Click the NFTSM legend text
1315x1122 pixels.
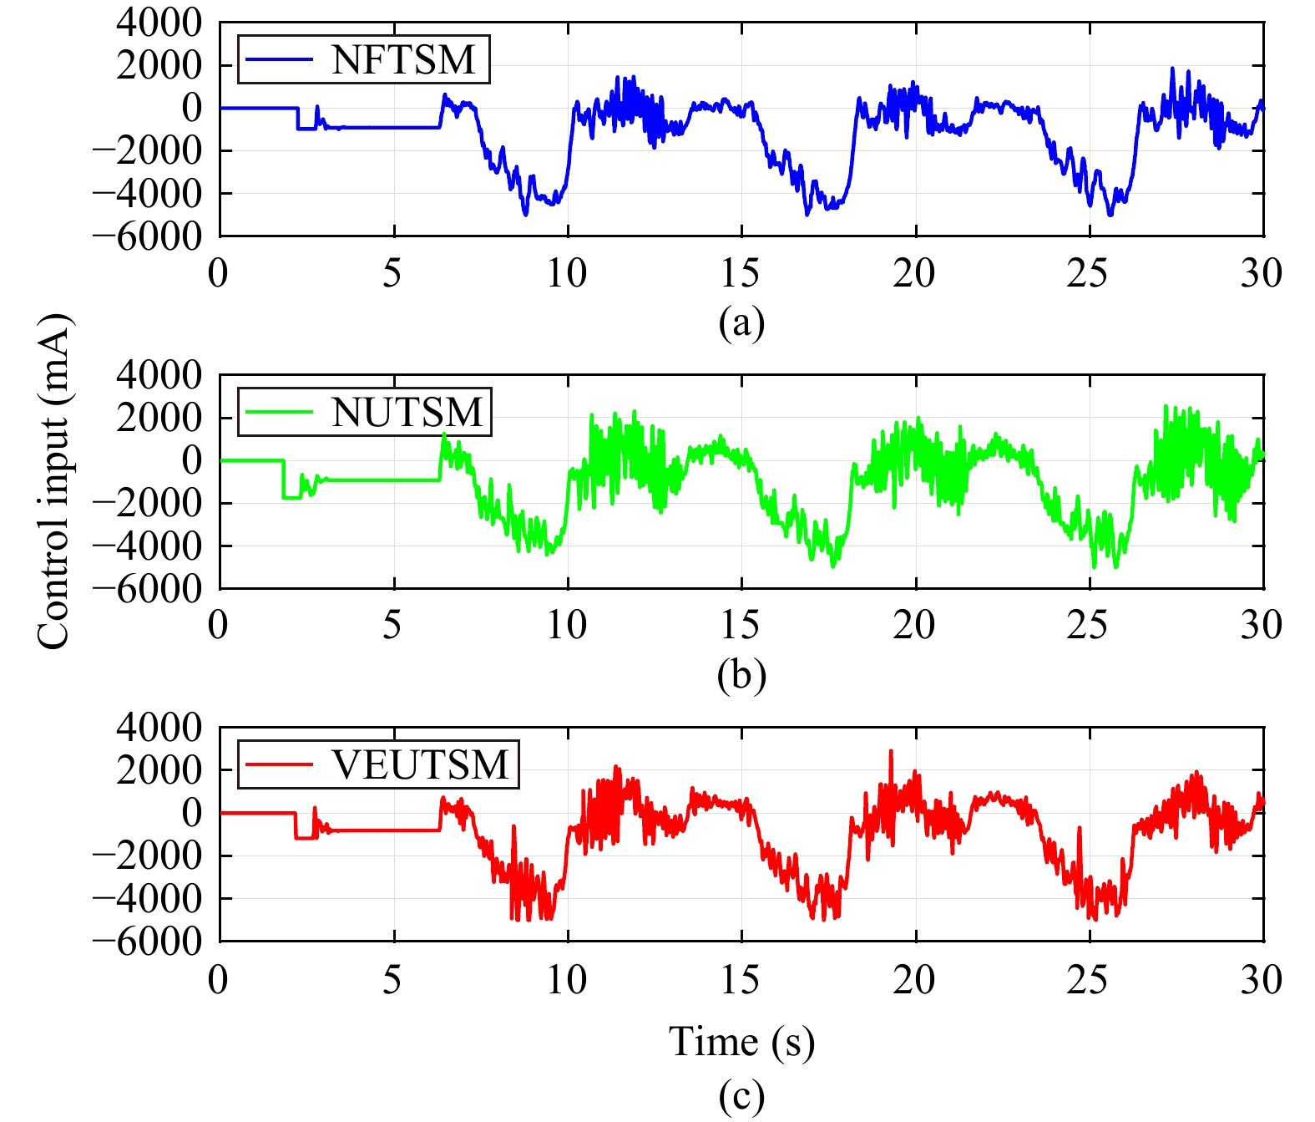(403, 60)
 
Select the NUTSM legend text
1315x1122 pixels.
(407, 413)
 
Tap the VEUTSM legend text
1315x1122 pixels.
(420, 765)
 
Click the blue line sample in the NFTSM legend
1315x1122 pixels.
(278, 60)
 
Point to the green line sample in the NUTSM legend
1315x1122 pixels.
(278, 413)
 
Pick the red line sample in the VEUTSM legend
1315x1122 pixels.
(278, 765)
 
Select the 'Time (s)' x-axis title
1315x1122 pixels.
(741, 1042)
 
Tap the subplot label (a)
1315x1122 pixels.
(741, 322)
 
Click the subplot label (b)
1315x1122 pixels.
(741, 675)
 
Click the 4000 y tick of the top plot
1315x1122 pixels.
(159, 23)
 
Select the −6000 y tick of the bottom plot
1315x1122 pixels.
(147, 942)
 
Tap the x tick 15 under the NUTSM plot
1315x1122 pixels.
(741, 625)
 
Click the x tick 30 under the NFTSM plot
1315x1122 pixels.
(1262, 273)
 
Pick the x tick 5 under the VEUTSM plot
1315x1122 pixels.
(392, 979)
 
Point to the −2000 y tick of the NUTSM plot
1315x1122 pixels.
(147, 504)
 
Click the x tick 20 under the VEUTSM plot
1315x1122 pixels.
(914, 979)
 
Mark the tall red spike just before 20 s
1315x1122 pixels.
(890, 752)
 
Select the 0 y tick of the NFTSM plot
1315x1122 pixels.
(192, 108)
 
